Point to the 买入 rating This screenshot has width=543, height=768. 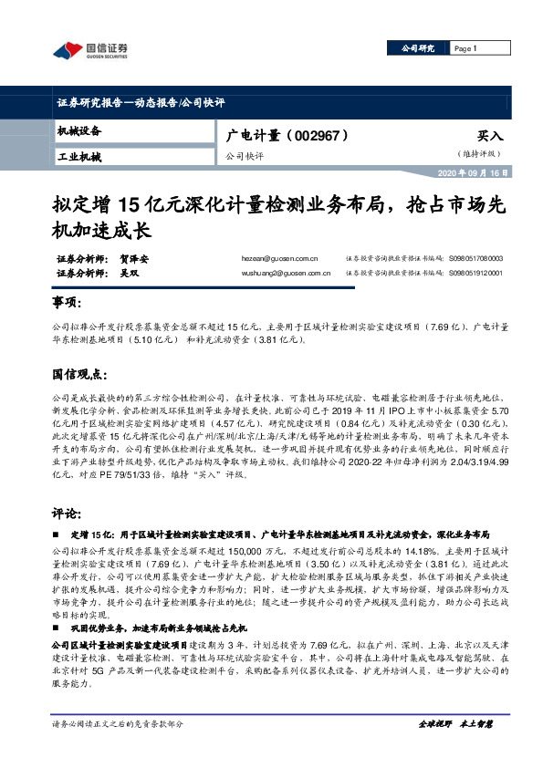tap(489, 135)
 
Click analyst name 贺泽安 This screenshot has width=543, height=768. tap(135, 259)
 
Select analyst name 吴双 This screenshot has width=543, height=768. tap(129, 272)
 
